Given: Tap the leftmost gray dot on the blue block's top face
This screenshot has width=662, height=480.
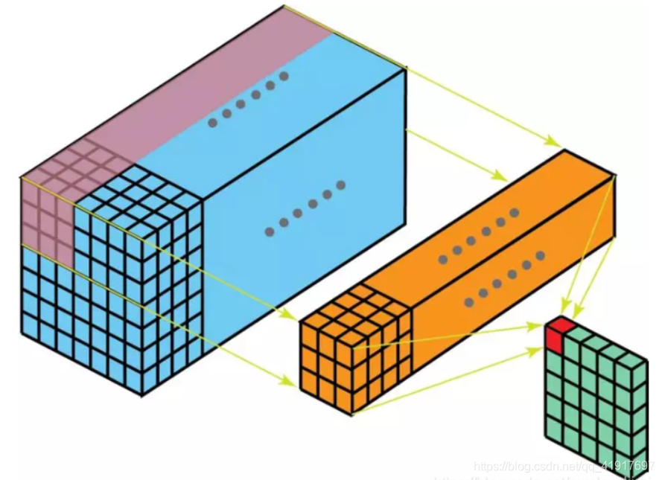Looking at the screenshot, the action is pyautogui.click(x=213, y=123).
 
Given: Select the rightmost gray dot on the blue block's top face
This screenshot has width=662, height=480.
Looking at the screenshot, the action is pyautogui.click(x=284, y=76).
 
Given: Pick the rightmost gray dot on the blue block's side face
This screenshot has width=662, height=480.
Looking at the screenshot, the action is pyautogui.click(x=341, y=184).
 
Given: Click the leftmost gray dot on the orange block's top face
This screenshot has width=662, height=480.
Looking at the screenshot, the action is pyautogui.click(x=443, y=260).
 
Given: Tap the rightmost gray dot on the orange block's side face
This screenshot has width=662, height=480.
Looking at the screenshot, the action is pyautogui.click(x=540, y=255).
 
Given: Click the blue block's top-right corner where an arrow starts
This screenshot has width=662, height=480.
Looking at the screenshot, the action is pyautogui.click(x=406, y=68).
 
